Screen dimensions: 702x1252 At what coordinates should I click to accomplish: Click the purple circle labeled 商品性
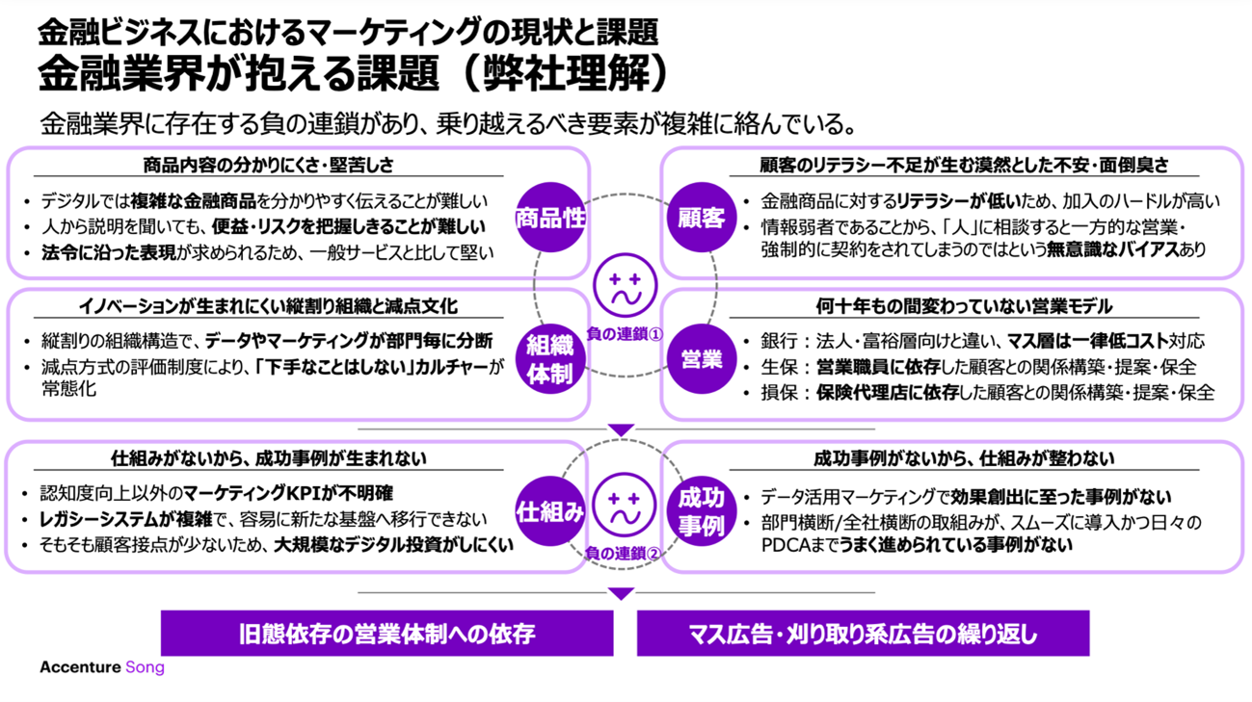tap(550, 218)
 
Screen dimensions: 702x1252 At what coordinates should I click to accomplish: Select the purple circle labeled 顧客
tap(701, 218)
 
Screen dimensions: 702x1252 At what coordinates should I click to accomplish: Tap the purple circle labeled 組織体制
tap(550, 359)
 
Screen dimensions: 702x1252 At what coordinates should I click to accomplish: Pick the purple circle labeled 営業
tap(701, 359)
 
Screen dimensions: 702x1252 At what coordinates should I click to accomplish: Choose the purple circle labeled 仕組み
tap(550, 510)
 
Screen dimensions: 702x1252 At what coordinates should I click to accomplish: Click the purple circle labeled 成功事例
tap(701, 510)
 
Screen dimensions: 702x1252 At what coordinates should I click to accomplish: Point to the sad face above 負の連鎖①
tap(625, 285)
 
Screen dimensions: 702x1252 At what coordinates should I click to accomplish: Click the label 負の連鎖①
tap(625, 335)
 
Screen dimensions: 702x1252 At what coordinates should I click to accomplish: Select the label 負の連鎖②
tap(625, 553)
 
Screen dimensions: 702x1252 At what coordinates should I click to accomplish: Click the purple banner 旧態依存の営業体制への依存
tap(386, 633)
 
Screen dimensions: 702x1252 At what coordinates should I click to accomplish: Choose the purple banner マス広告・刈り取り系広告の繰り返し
tap(863, 633)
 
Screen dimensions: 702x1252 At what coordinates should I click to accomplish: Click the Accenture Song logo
tap(102, 667)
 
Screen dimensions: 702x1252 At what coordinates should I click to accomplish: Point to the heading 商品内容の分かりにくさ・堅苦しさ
tap(268, 165)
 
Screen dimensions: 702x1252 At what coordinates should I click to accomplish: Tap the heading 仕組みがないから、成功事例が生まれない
tap(268, 458)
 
